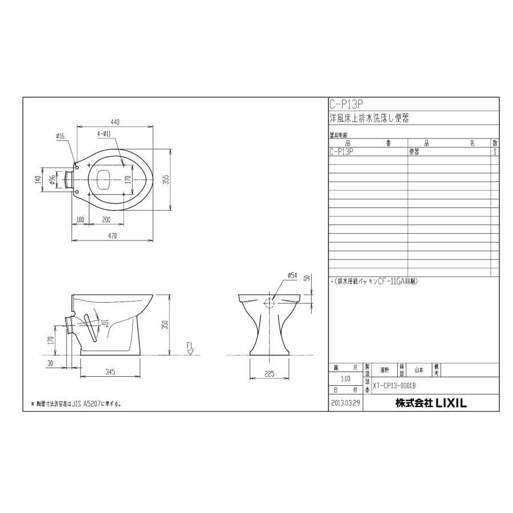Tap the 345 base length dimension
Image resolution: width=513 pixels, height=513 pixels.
pos(111,372)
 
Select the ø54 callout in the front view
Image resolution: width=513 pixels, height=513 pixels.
pos(292,275)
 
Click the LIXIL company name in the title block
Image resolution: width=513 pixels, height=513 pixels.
pos(431,403)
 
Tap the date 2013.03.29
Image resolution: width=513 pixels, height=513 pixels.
pos(345,403)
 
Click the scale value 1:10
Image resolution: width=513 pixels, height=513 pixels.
pos(345,378)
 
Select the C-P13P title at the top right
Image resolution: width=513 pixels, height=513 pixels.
pos(346,104)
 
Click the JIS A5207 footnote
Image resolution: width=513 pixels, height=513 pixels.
pos(77,404)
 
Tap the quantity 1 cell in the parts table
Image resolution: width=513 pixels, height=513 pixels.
pos(495,152)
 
